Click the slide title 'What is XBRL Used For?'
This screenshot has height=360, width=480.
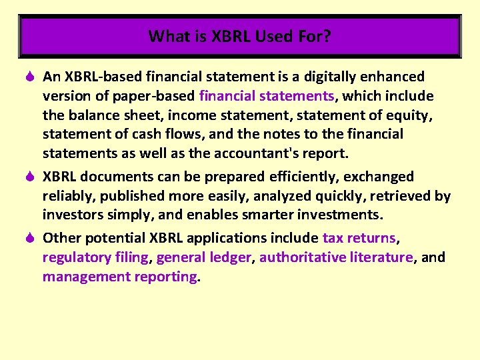(x=240, y=36)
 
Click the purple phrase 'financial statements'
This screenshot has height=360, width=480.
(x=267, y=96)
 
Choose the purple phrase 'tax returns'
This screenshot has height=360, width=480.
(x=359, y=238)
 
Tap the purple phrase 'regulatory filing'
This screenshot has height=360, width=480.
(x=95, y=257)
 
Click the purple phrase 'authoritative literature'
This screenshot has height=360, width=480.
(x=336, y=257)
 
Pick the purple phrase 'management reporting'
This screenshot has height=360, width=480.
(x=120, y=277)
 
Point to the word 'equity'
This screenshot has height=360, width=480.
(x=411, y=115)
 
